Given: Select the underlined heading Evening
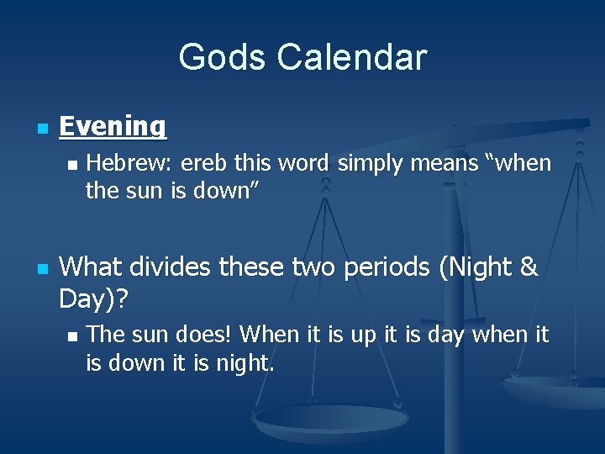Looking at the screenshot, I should pos(113,126).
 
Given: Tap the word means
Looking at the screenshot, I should pos(443,163).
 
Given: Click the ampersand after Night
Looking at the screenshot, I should pos(529,267).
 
